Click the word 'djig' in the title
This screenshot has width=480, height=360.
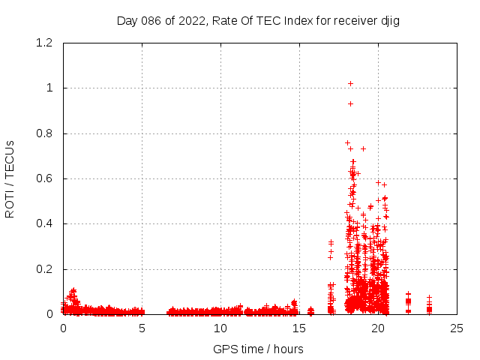tap(388, 21)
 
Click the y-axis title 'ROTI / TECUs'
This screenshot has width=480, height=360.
tap(10, 178)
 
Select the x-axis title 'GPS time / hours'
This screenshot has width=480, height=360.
tap(258, 349)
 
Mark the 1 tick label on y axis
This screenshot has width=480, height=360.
tap(49, 88)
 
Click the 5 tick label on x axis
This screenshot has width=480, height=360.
tap(142, 328)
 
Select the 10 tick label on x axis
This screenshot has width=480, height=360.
tap(220, 328)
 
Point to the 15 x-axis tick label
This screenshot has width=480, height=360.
tap(299, 328)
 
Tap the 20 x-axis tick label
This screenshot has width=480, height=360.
tap(378, 328)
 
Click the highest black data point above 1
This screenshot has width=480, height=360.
tap(350, 83)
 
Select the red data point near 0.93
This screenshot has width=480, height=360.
tap(350, 103)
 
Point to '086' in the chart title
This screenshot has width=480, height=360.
tap(146, 21)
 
